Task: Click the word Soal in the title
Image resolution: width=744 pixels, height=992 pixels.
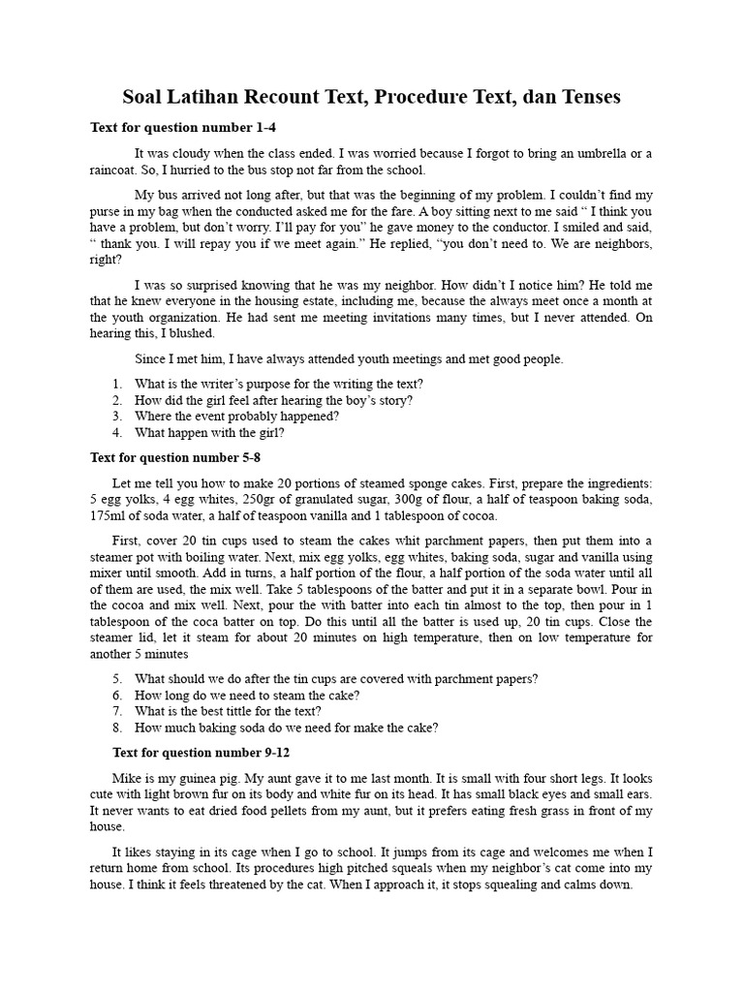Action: point(144,98)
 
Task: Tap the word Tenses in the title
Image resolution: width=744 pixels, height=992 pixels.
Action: point(586,98)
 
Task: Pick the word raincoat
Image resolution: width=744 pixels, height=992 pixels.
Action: point(115,169)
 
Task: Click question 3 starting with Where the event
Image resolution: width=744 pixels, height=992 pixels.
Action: point(236,417)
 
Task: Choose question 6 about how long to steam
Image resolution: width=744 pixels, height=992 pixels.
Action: point(247,695)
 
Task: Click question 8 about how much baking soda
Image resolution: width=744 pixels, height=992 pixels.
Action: point(286,728)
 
